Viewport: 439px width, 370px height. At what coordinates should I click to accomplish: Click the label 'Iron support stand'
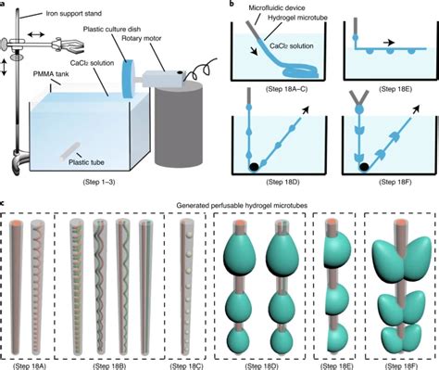73,14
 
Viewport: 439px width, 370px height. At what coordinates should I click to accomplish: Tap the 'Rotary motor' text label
141,38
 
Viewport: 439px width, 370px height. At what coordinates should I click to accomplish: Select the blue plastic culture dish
127,79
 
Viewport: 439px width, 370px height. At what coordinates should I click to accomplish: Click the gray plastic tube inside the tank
70,151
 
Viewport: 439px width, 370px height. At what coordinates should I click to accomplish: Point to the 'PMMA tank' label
51,74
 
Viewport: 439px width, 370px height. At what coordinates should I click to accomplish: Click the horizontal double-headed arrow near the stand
36,34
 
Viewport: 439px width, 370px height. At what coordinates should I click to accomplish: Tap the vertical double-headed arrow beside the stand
4,68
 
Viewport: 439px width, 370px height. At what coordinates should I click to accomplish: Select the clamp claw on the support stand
67,45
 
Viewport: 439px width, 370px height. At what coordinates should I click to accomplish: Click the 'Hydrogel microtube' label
297,18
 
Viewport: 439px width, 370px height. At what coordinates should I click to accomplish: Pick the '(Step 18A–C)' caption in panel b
286,89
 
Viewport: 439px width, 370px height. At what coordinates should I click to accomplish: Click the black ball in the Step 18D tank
254,167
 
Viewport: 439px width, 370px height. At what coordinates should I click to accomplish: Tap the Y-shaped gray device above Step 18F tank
358,98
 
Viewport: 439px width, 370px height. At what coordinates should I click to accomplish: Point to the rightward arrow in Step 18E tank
389,43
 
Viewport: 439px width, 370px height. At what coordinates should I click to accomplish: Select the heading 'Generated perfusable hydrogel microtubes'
242,205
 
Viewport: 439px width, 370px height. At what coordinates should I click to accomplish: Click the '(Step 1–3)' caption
99,182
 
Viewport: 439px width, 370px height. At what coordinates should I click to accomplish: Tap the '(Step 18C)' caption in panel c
186,366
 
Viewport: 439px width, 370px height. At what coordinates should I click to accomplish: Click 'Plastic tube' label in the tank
86,162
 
